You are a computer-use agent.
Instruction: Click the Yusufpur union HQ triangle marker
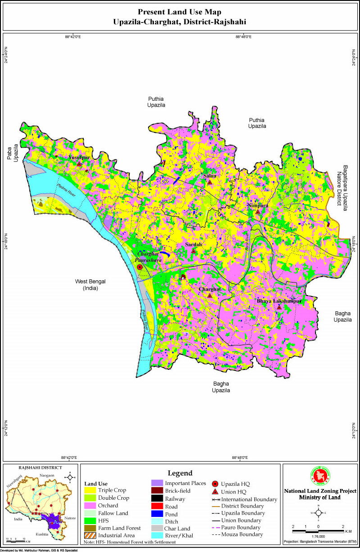click(79, 164)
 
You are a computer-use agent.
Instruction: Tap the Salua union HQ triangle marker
click(209, 182)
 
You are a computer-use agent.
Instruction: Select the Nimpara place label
click(257, 205)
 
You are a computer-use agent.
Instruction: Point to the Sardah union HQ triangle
click(193, 251)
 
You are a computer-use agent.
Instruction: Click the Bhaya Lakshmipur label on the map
click(279, 301)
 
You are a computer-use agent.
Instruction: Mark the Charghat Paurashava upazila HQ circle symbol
click(139, 267)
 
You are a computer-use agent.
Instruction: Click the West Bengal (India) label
click(94, 285)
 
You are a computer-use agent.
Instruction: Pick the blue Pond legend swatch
click(157, 514)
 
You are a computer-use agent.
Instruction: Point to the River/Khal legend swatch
click(157, 536)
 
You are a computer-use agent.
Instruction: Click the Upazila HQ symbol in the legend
click(215, 484)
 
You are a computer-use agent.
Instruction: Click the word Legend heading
click(180, 473)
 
